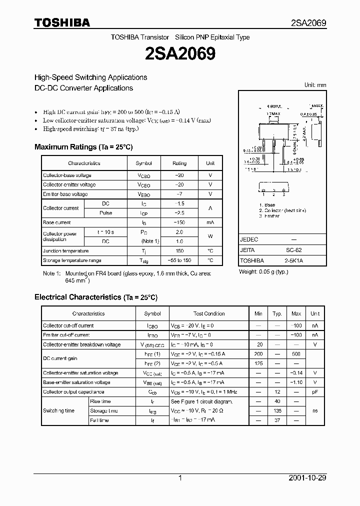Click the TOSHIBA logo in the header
point(62,22)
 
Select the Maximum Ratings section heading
point(83,147)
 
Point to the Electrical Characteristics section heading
point(96,297)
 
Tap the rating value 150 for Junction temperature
point(179,251)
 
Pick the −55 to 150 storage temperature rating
point(179,260)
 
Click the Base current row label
point(57,222)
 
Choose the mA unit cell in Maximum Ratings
point(210,222)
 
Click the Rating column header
point(179,163)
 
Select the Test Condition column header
point(209,313)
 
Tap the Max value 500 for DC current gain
point(296,354)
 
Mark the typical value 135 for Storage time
point(277,411)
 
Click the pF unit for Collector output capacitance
point(315,392)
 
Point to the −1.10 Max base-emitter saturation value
point(296,382)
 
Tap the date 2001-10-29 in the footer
point(307,478)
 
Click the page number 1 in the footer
point(180,478)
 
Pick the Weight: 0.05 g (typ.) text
point(263,271)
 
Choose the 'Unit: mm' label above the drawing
point(315,85)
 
